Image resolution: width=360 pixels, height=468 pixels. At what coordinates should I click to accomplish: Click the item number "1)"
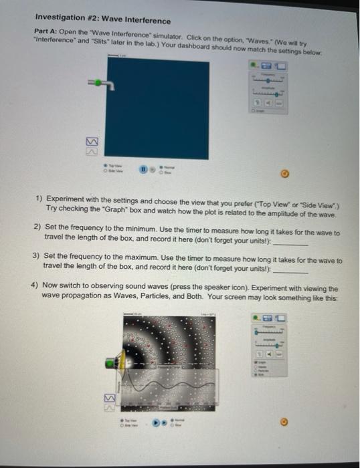[x=38, y=199]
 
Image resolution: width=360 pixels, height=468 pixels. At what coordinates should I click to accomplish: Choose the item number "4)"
[x=35, y=284]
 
